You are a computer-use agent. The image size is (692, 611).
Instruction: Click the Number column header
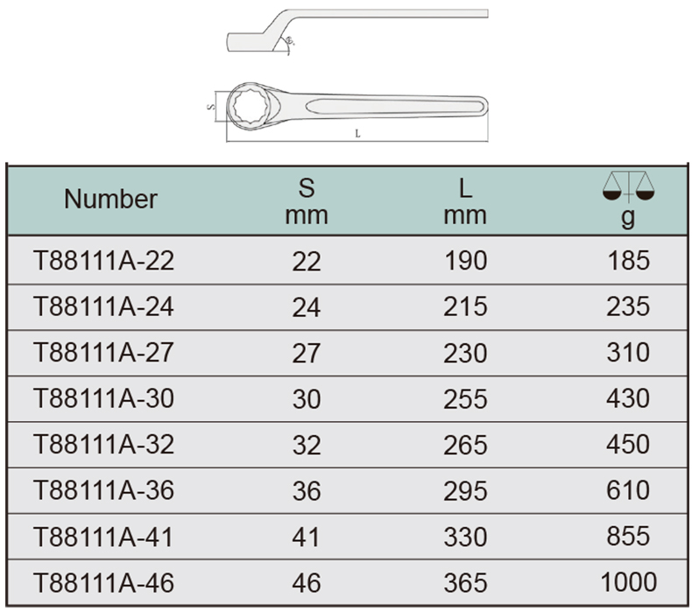click(110, 200)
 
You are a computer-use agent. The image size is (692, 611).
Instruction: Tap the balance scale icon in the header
click(628, 187)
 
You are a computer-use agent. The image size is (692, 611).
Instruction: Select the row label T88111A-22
click(103, 261)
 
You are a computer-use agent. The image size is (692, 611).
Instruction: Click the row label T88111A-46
click(103, 583)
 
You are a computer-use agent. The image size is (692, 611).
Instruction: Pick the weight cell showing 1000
click(628, 582)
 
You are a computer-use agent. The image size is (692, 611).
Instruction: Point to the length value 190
click(466, 261)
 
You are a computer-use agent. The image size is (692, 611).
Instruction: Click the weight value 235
click(628, 306)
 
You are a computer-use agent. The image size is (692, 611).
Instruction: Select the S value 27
click(307, 353)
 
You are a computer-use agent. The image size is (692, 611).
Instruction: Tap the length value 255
click(466, 399)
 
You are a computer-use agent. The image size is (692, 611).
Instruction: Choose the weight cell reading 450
click(628, 444)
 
